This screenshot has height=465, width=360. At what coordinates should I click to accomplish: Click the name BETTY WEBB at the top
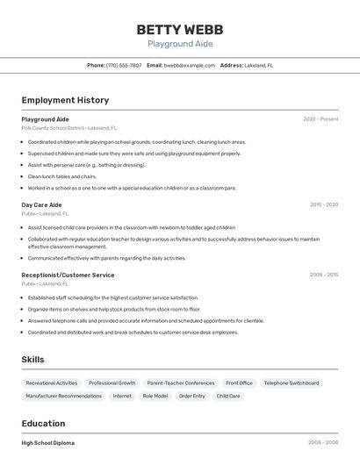click(x=180, y=30)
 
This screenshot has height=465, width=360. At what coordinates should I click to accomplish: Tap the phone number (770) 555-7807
click(x=124, y=65)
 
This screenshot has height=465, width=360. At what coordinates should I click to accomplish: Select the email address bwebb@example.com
click(x=189, y=65)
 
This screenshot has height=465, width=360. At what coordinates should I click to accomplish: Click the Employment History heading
click(x=65, y=100)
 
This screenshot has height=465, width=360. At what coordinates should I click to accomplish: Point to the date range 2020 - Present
click(x=320, y=119)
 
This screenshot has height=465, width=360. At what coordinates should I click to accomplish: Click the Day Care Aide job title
click(x=41, y=204)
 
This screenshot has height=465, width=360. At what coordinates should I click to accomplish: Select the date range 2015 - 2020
click(x=324, y=204)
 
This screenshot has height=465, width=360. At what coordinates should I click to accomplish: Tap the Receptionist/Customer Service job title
click(x=68, y=275)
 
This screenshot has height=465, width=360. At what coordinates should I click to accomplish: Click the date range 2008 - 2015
click(x=324, y=275)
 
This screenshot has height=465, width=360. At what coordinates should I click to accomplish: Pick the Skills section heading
click(x=33, y=359)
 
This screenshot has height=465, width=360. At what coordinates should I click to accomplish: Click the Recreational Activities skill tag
click(x=52, y=383)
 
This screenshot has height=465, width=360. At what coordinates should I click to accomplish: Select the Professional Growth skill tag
click(x=112, y=383)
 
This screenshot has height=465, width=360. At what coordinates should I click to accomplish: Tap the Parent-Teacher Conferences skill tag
click(x=181, y=383)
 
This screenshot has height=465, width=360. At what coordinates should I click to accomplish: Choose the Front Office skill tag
click(x=239, y=383)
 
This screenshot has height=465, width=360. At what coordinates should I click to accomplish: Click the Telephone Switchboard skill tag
click(x=292, y=383)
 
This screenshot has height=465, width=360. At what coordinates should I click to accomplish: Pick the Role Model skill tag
click(x=155, y=396)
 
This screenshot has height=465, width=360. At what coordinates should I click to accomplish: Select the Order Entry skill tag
click(x=192, y=396)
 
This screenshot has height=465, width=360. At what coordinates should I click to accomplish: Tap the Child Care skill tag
click(x=228, y=396)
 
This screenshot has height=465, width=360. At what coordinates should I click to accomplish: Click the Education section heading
click(x=43, y=424)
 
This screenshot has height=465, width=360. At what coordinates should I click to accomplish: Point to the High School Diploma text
click(x=48, y=443)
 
